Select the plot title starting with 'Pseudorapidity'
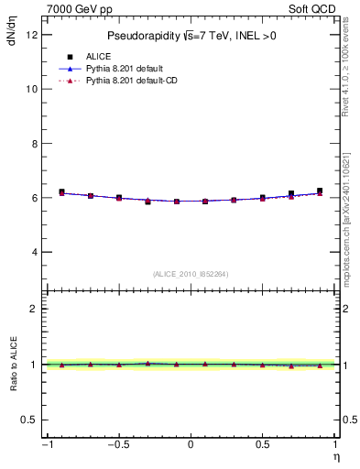[191, 36]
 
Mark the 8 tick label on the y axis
[33, 144]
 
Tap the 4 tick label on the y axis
[33, 252]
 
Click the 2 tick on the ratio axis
[33, 309]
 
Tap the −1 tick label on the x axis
[45, 445]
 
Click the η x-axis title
[335, 457]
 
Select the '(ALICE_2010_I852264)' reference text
[191, 273]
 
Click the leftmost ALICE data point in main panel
[61, 192]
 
